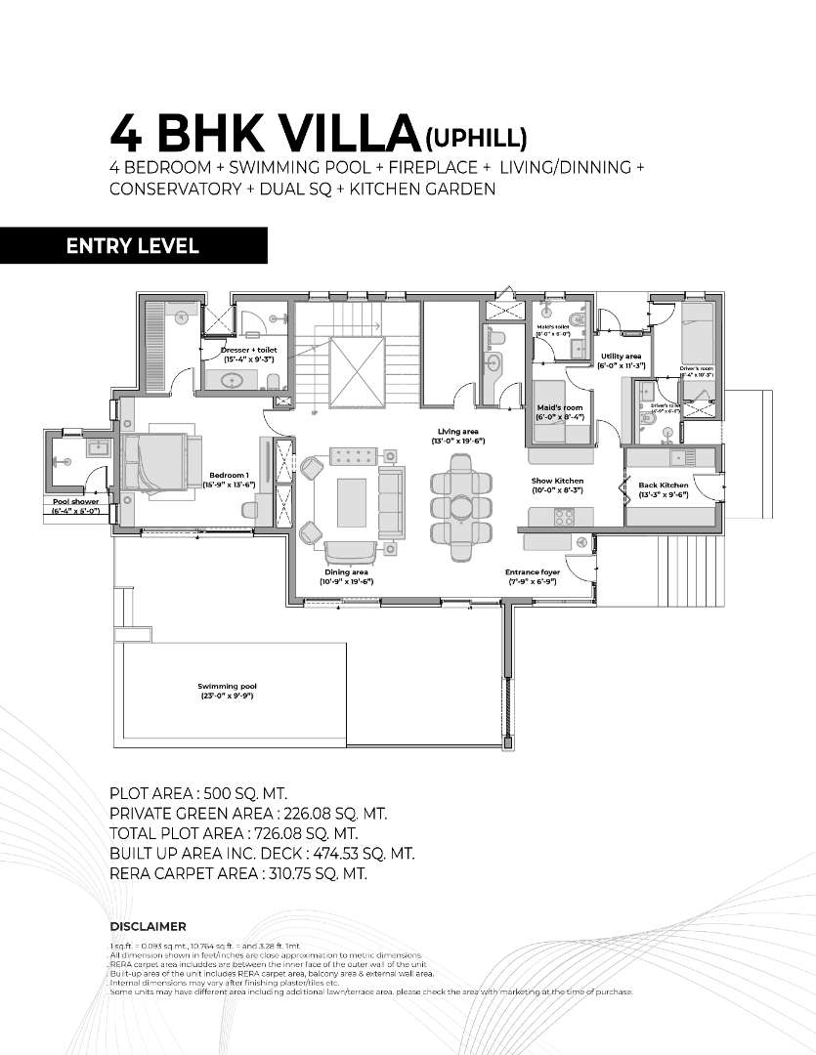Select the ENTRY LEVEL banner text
133,246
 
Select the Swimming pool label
227,691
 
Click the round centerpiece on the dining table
459,506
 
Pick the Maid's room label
560,411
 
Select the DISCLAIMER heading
148,926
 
